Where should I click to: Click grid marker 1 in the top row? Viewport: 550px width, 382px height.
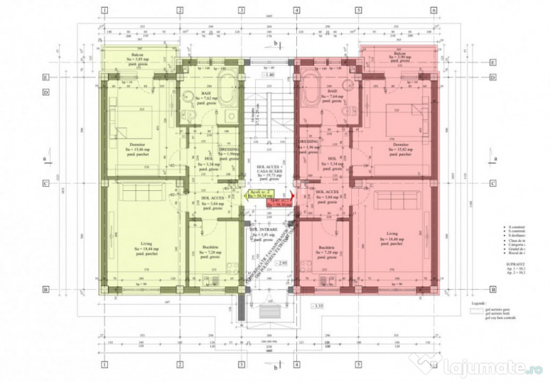[x=103, y=11]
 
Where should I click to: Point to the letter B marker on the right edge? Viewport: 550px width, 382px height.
[x=493, y=289]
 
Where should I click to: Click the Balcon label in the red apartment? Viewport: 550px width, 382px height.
[x=400, y=53]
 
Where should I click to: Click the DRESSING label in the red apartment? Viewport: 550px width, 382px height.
[x=307, y=142]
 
